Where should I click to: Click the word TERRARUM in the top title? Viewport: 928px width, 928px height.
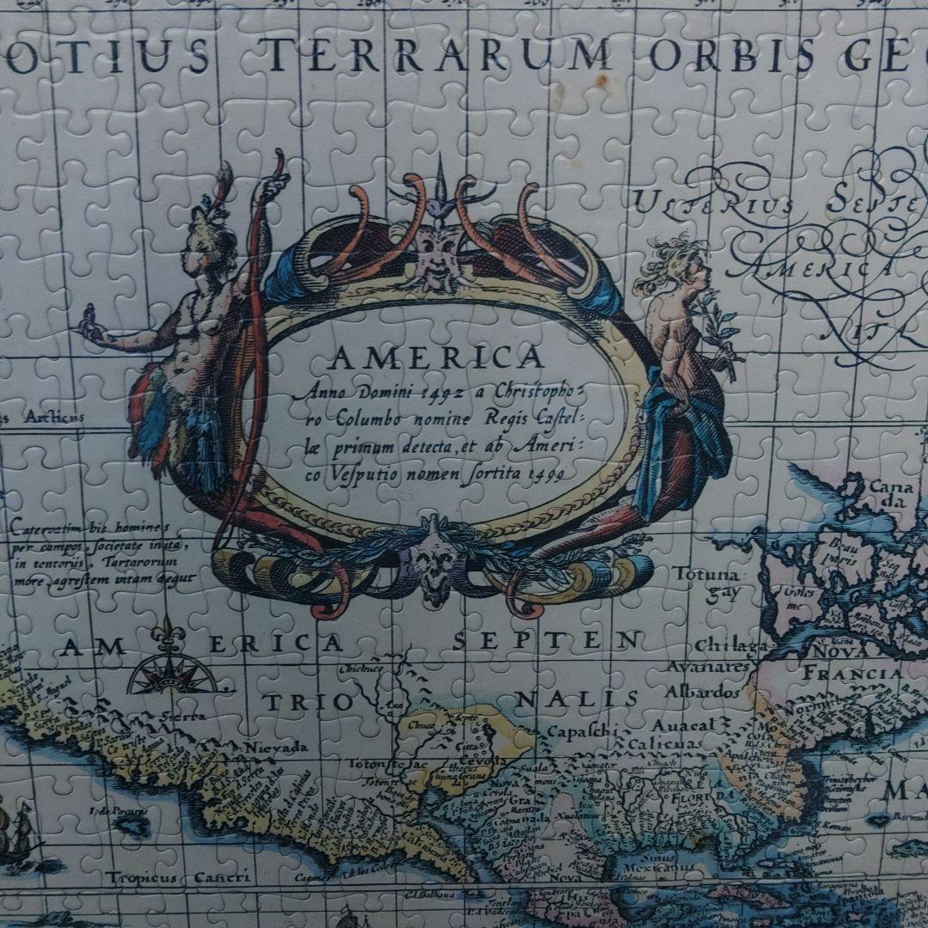(x=437, y=57)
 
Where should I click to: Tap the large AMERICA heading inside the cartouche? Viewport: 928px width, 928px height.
(x=435, y=357)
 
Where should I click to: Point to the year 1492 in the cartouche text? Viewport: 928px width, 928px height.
(x=445, y=394)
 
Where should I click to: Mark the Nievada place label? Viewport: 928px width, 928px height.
(x=275, y=747)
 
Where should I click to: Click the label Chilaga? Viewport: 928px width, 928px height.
(x=730, y=645)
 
